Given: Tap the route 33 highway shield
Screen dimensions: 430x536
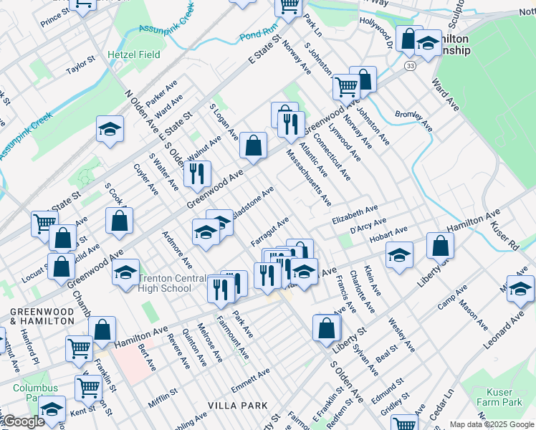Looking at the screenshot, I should coord(409,65).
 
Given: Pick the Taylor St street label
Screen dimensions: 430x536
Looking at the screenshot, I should coord(80,67).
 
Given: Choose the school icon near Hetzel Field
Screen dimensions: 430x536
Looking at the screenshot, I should coord(110,129).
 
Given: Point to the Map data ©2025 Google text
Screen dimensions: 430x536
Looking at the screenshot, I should coord(492,424).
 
